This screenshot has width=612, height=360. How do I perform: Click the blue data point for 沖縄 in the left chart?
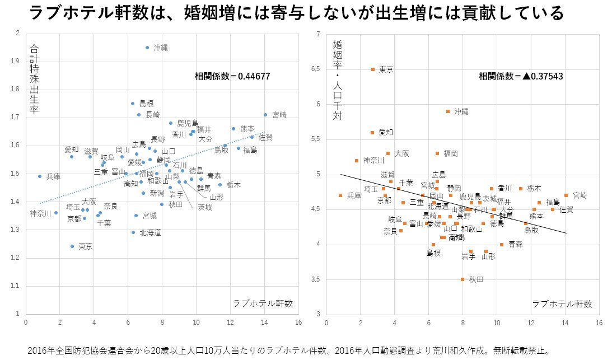tap(147, 48)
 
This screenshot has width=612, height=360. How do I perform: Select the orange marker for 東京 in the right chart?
tap(373, 69)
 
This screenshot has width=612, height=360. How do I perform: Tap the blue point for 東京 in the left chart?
tap(72, 246)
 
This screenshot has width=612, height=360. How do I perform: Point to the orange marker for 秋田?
tap(462, 279)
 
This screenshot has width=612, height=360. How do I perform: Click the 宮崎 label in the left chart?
tap(279, 115)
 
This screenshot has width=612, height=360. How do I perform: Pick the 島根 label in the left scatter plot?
tap(146, 104)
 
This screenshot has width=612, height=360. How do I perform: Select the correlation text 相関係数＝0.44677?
tap(232, 76)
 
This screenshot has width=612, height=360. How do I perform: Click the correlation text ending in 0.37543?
tap(521, 77)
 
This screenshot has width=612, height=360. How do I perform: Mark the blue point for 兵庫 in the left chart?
tap(40, 176)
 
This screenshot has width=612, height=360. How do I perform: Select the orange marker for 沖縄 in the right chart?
tap(448, 111)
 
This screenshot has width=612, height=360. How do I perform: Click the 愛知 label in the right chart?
tap(386, 132)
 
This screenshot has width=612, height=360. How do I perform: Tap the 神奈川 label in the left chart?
tap(40, 213)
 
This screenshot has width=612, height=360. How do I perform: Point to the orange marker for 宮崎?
tap(566, 195)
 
